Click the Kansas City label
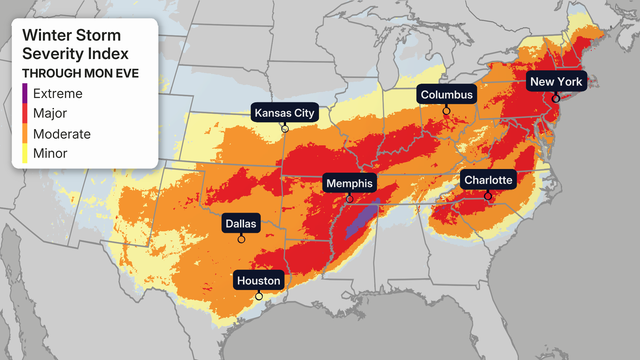click(284, 113)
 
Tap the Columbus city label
click(446, 95)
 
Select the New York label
click(556, 82)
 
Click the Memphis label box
click(348, 184)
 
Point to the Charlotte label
click(488, 180)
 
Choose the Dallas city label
click(240, 224)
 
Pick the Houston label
click(259, 280)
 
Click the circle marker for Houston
click(259, 296)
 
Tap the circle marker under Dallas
click(240, 240)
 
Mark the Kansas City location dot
click(285, 128)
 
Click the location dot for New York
click(556, 98)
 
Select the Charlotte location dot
click(488, 196)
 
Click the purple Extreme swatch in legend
click(26, 94)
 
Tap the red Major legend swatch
click(26, 114)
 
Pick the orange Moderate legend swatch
click(26, 134)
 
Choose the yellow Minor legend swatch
click(26, 154)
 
